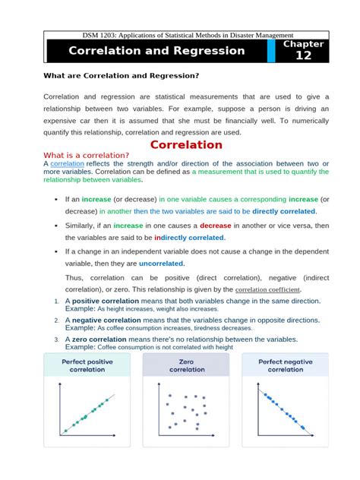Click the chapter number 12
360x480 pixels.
point(303,55)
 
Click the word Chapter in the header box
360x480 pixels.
point(303,44)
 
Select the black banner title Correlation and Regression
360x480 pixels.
point(156,51)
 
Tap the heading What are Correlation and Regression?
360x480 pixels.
point(122,75)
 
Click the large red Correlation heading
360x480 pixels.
point(186,144)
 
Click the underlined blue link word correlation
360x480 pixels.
point(67,163)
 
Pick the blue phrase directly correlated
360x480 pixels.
point(284,211)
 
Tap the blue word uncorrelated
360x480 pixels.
point(161,264)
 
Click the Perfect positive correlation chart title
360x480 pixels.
point(87,366)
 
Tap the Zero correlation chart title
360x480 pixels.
point(186,366)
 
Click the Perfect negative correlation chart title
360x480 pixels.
point(286,366)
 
